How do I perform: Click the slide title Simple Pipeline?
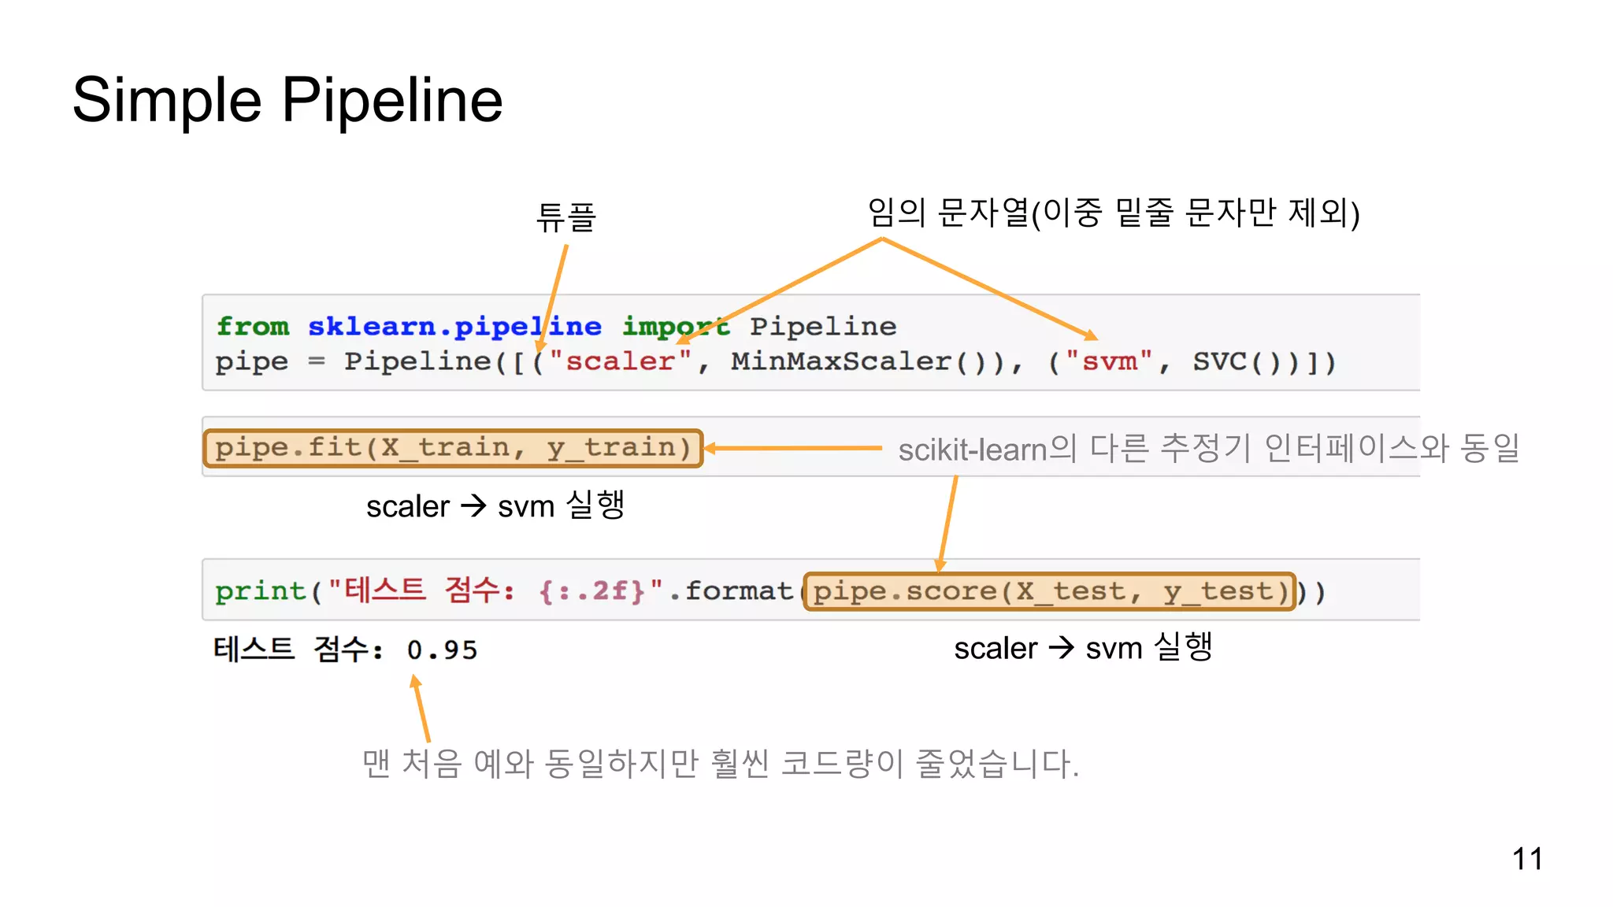pos(287,101)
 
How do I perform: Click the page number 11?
pos(1526,858)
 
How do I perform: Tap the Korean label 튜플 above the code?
pos(565,217)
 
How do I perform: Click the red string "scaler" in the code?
pos(620,361)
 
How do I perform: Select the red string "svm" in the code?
pos(1109,361)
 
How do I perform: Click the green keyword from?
pos(252,326)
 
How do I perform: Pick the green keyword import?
pos(675,326)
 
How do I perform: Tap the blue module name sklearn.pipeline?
pos(454,326)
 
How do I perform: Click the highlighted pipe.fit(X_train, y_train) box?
pos(453,448)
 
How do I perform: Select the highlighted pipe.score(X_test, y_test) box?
pos(1050,591)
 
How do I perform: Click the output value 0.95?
pos(442,650)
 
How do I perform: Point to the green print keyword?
pos(260,591)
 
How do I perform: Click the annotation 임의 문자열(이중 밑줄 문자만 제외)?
pos(1113,213)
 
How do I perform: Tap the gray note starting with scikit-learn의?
pos(1208,449)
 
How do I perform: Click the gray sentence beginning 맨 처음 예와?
pos(720,764)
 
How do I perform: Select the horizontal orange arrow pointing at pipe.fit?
pos(792,448)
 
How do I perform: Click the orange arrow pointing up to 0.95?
pos(421,709)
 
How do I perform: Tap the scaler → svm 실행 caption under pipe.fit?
pos(495,505)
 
